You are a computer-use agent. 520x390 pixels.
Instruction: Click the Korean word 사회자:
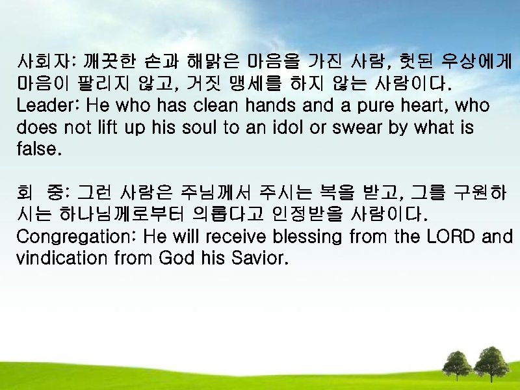(x=47, y=63)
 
